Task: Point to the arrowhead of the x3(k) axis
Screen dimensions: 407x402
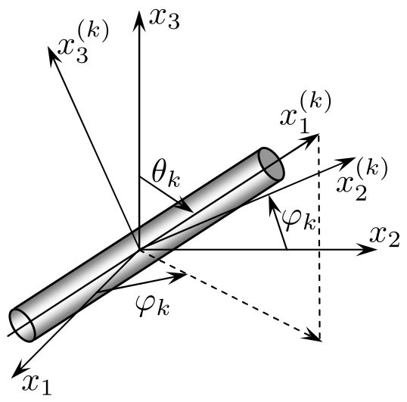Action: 54,55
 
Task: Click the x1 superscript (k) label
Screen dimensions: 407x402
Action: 306,112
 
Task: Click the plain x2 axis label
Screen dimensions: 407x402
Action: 384,236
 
